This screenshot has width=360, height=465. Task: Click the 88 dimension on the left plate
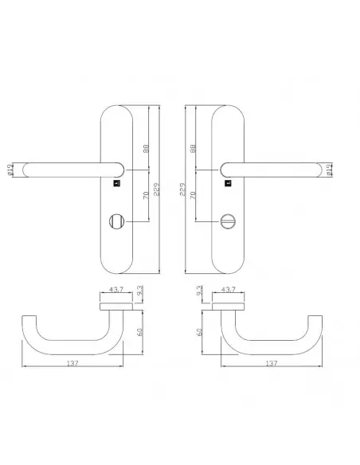(146, 149)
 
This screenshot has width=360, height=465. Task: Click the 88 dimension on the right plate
(193, 149)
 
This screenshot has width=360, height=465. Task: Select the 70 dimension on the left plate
(146, 195)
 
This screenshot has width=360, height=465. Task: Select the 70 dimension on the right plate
(193, 195)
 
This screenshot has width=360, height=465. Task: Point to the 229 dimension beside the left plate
(157, 190)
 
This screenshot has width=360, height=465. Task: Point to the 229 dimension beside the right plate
(182, 190)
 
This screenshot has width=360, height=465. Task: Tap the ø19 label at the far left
(10, 170)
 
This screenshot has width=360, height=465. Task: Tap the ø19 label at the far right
(328, 170)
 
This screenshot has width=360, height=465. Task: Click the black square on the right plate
(228, 183)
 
